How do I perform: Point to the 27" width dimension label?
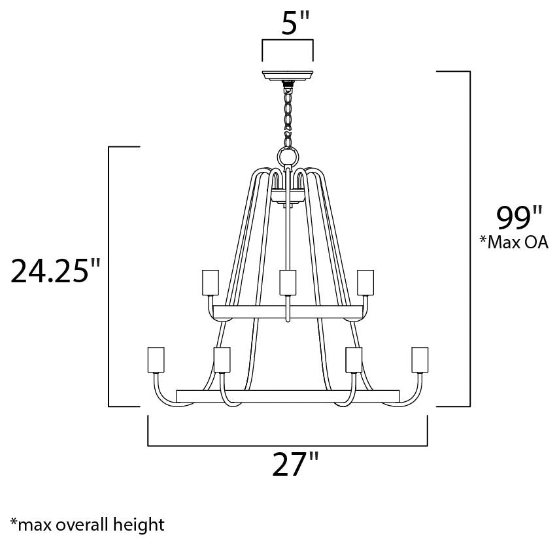pos(288,467)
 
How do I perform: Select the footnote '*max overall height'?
pos(87,524)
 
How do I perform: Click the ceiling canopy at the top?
pos(288,76)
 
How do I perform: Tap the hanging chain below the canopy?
pos(288,114)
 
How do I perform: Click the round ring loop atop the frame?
pos(288,157)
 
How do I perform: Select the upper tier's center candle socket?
pos(288,282)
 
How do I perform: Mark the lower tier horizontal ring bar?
pos(288,396)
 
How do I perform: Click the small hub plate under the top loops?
pos(288,195)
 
